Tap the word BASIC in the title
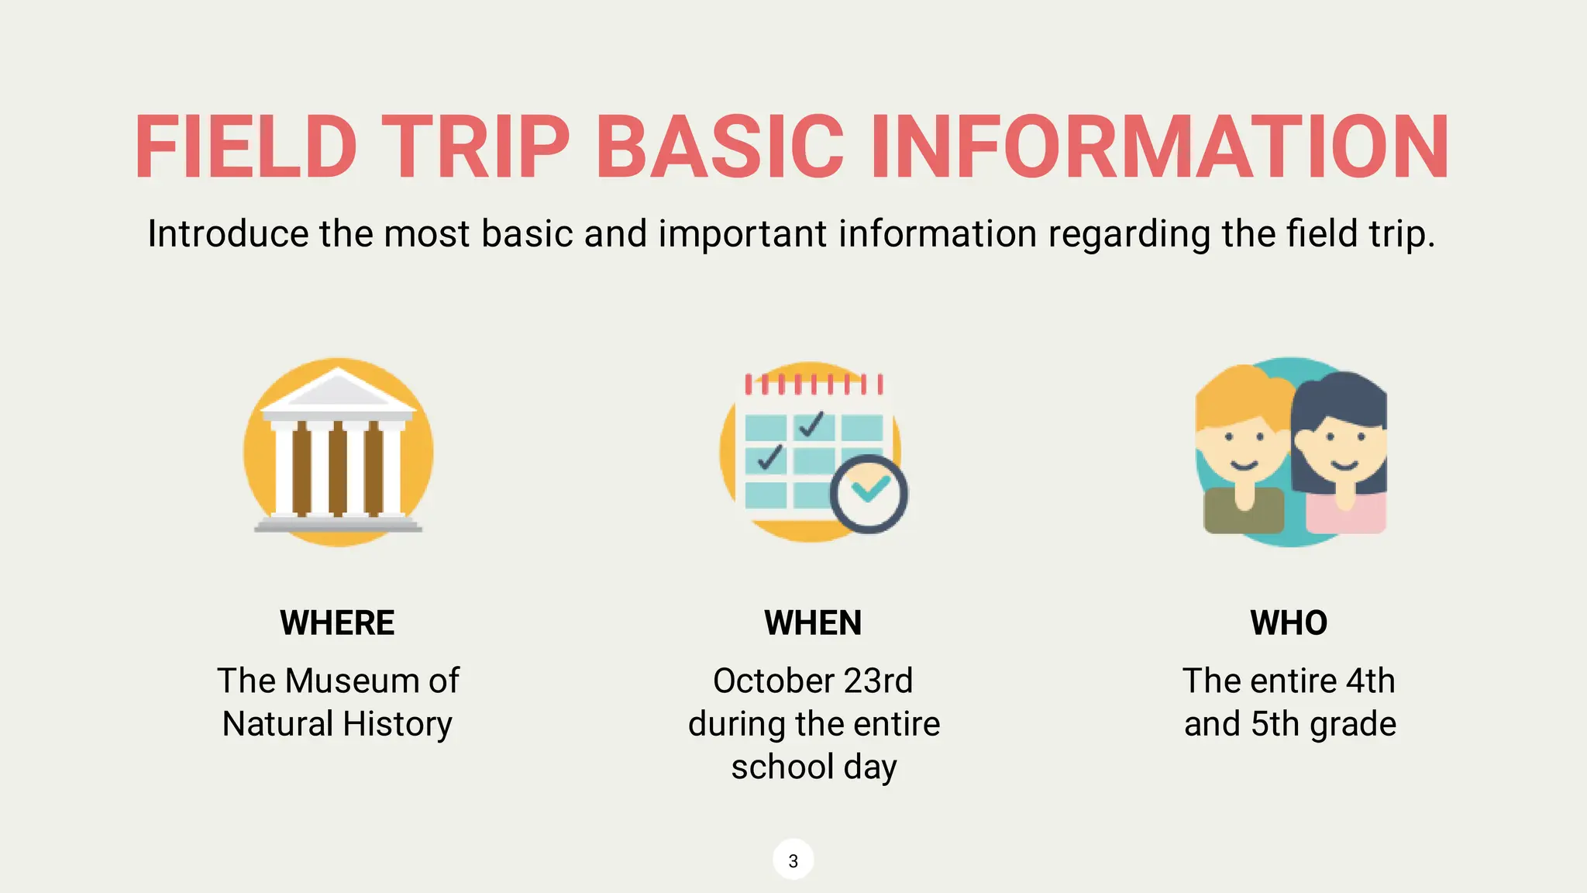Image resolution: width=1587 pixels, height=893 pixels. coord(719,147)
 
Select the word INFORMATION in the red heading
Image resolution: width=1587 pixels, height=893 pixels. coord(1160,147)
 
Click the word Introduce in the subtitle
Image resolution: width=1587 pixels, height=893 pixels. coord(228,233)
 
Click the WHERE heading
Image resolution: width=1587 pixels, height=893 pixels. coord(337,623)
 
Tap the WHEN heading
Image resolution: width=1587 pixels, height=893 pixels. coord(813,623)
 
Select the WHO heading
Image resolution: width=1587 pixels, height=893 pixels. coord(1289,623)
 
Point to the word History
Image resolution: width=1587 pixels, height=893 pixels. coord(397,724)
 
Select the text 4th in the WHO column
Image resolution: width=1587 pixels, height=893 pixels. coord(1370,681)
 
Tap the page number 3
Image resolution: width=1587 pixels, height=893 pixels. coord(793,860)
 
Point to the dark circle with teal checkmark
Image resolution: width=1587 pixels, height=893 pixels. coord(869,494)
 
